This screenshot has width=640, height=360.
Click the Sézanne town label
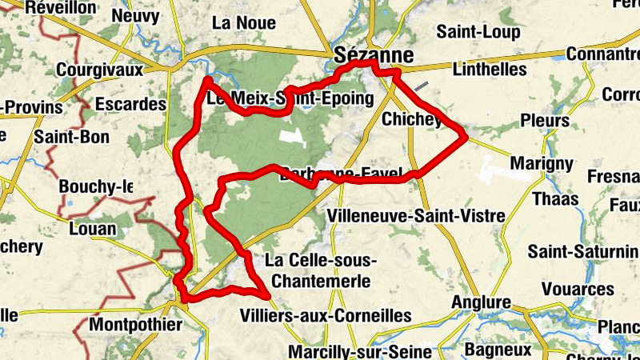374,55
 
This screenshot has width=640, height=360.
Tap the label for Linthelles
490,70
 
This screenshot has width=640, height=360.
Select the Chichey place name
413,120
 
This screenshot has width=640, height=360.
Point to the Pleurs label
545,121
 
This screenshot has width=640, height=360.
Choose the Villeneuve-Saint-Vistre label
417,216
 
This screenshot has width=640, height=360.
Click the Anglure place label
481,302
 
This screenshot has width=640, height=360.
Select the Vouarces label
578,289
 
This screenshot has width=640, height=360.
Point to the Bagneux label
498,350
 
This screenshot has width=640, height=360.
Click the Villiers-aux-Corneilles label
326,316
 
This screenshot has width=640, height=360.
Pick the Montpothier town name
136,326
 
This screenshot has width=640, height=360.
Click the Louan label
92,230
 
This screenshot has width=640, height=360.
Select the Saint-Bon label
72,137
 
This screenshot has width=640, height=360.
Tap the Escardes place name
130,105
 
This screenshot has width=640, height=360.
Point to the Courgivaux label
99,70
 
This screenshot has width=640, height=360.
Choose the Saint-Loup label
478,33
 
